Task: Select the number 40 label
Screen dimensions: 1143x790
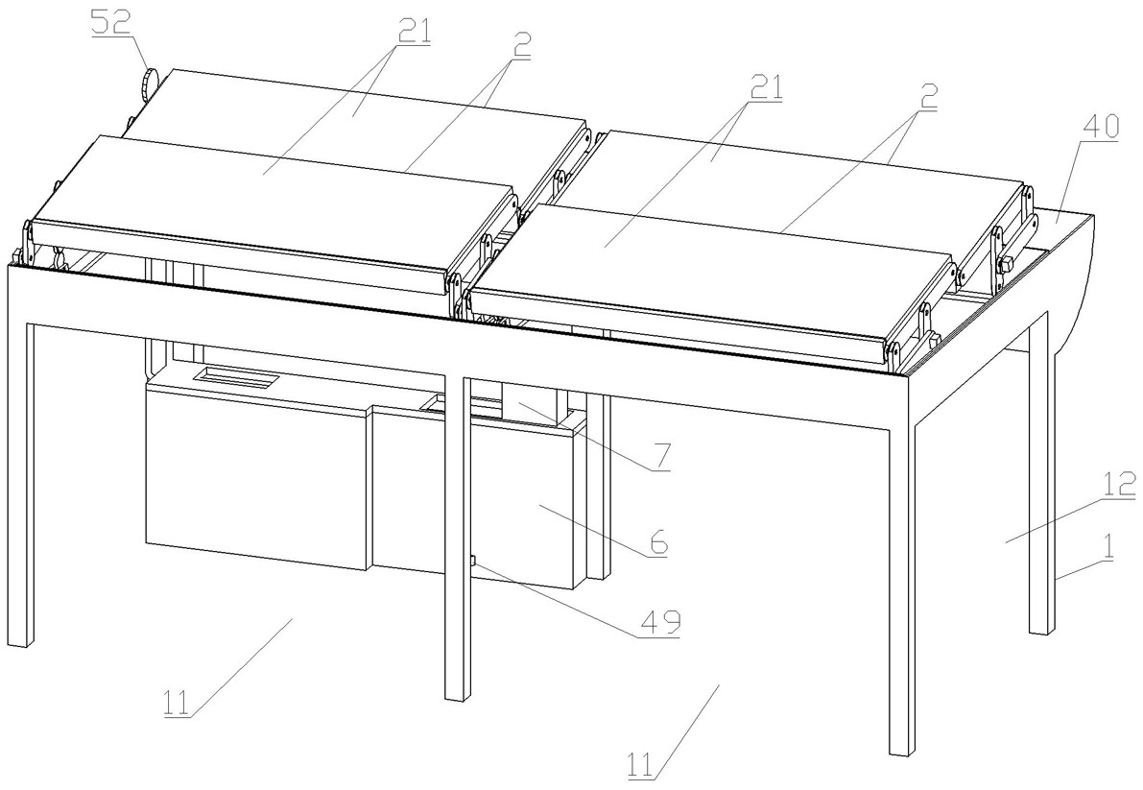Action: (1100, 127)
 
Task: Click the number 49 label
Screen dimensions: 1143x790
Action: (660, 622)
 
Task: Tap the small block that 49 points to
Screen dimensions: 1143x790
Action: (471, 561)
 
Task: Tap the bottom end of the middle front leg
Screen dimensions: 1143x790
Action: (456, 697)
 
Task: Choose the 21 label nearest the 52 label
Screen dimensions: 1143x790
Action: (414, 32)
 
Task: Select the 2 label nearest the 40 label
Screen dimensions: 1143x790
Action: (927, 97)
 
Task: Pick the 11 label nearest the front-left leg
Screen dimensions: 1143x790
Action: (176, 703)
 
